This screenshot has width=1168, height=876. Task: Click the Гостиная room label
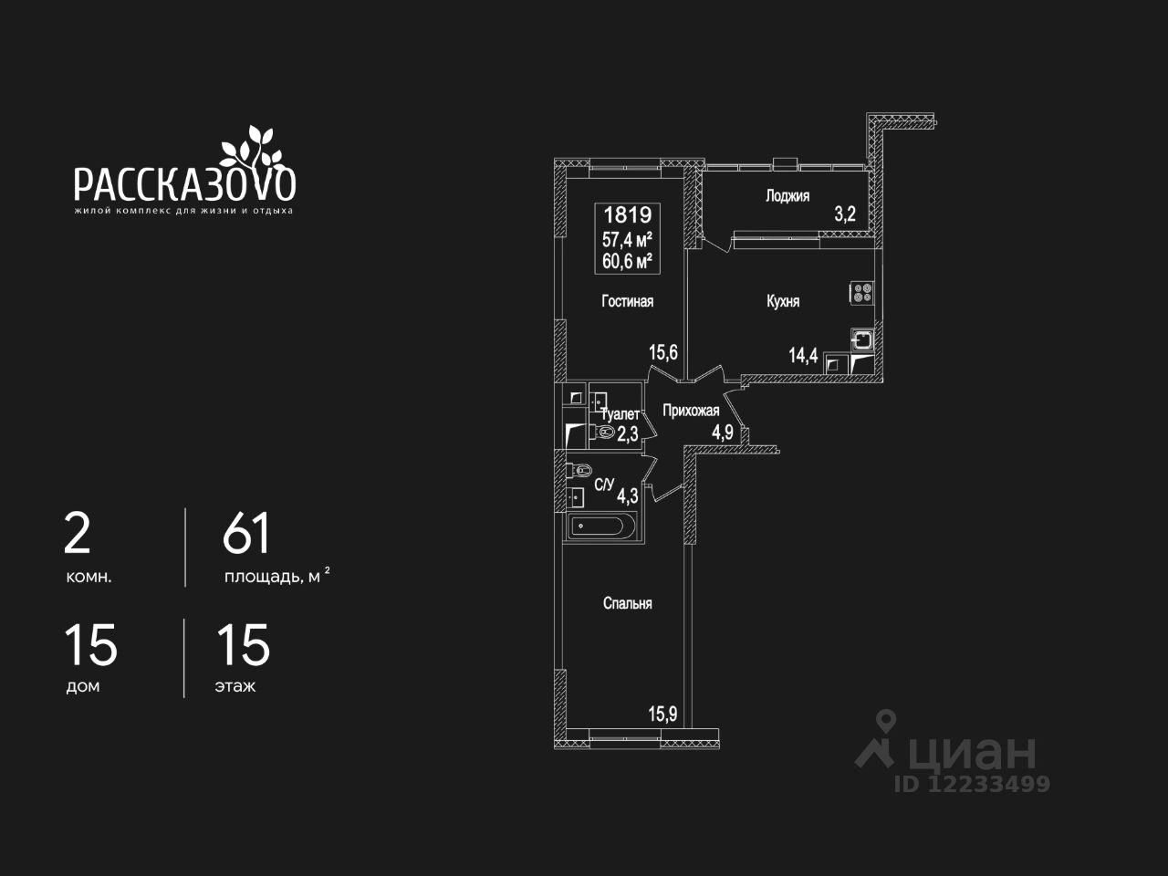pyautogui.click(x=627, y=301)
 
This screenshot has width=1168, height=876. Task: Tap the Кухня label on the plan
pyautogui.click(x=783, y=301)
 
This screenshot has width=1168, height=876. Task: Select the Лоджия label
pyautogui.click(x=787, y=195)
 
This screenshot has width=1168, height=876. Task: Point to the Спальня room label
pyautogui.click(x=627, y=603)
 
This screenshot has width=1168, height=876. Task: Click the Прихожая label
pyautogui.click(x=691, y=411)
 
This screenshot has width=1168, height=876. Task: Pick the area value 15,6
pyautogui.click(x=662, y=352)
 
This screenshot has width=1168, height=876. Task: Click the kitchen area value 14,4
pyautogui.click(x=803, y=355)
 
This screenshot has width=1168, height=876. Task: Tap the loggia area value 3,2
pyautogui.click(x=844, y=215)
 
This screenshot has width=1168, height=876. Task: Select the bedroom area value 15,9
pyautogui.click(x=662, y=714)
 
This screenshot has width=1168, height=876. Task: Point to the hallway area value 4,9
pyautogui.click(x=723, y=432)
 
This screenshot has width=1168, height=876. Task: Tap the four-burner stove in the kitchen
pyautogui.click(x=862, y=293)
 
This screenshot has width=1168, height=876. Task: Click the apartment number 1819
pyautogui.click(x=628, y=215)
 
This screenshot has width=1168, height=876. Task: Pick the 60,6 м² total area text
pyautogui.click(x=628, y=261)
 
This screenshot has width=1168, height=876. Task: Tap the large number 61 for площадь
pyautogui.click(x=246, y=534)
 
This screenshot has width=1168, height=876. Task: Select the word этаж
pyautogui.click(x=235, y=686)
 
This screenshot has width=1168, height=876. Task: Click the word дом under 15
pyautogui.click(x=82, y=686)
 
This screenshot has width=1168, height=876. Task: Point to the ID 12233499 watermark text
pyautogui.click(x=972, y=784)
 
